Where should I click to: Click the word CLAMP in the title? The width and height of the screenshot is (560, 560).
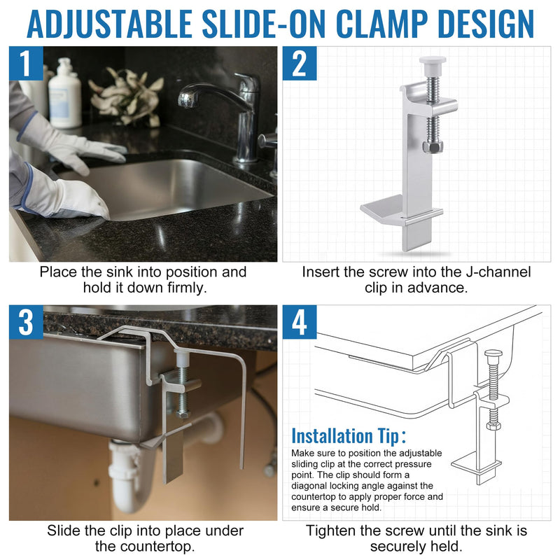tap(381, 24)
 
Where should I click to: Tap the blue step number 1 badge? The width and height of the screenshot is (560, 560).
tap(26, 63)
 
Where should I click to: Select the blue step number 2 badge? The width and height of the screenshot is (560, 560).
tap(300, 63)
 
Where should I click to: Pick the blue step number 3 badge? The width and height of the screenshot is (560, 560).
tap(26, 322)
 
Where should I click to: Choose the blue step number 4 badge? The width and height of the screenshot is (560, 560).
tap(300, 322)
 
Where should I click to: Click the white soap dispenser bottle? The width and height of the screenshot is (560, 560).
tap(64, 94)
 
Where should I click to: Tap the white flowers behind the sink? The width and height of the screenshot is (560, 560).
tap(126, 96)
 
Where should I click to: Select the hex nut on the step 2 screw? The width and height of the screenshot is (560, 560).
tap(433, 146)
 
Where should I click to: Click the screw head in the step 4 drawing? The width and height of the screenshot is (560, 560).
tap(493, 355)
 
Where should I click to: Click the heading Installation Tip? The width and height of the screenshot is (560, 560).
tap(349, 435)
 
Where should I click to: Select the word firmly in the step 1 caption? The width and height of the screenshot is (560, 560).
tap(187, 288)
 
